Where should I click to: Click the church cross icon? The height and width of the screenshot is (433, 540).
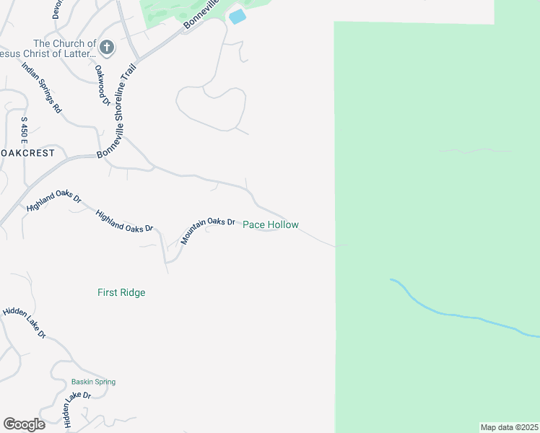(106, 48)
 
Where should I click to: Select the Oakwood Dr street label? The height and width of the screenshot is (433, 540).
(102, 85)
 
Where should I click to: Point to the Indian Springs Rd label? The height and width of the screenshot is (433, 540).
(41, 88)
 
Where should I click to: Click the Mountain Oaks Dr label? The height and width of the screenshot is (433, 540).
(208, 230)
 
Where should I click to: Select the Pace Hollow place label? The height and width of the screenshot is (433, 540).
(270, 225)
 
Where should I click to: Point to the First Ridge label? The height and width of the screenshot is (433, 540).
(121, 292)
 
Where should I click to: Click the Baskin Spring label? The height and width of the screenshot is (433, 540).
(93, 382)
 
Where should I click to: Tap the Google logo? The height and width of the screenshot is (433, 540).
(24, 424)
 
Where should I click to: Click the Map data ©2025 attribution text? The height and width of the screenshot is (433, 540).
(509, 427)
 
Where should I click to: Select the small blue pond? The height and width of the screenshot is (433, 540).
(236, 16)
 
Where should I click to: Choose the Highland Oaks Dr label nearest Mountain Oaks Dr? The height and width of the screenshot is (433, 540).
(124, 221)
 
